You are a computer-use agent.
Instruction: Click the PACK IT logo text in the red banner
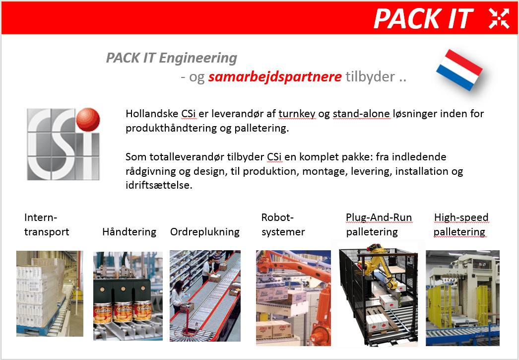(x=424, y=18)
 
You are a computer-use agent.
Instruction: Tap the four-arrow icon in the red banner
(x=499, y=18)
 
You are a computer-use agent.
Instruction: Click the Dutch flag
(x=459, y=70)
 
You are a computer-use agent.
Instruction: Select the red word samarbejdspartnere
(x=275, y=77)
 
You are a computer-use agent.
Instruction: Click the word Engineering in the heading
(x=198, y=58)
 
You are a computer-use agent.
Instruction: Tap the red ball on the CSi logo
(x=88, y=119)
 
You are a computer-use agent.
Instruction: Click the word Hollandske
(x=152, y=114)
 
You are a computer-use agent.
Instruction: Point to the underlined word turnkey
(x=297, y=114)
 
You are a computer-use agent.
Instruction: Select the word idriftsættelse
(x=159, y=185)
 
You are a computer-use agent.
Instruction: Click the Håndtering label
(x=129, y=232)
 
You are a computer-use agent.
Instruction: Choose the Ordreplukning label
(x=205, y=232)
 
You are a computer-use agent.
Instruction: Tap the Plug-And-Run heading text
(x=379, y=217)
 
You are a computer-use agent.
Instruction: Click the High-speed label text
(x=461, y=217)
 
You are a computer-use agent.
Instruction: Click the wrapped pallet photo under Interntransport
(x=50, y=293)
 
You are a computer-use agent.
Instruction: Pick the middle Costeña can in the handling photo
(x=123, y=312)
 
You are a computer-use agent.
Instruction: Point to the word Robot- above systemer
(x=277, y=217)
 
